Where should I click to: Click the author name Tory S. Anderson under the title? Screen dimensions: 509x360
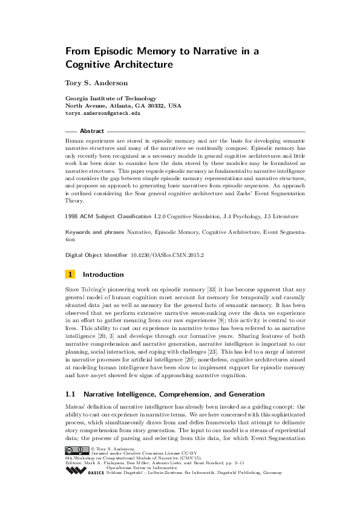tap(96, 83)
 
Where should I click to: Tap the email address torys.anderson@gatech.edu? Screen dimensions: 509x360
tap(103, 112)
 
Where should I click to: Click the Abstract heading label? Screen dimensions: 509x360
tap(92, 131)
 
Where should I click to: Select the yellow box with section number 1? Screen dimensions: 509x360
tap(71, 273)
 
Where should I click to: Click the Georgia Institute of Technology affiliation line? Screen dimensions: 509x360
tap(111, 98)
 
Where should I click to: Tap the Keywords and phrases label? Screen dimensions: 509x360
tap(94, 232)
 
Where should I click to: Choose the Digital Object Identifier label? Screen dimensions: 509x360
tap(96, 256)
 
